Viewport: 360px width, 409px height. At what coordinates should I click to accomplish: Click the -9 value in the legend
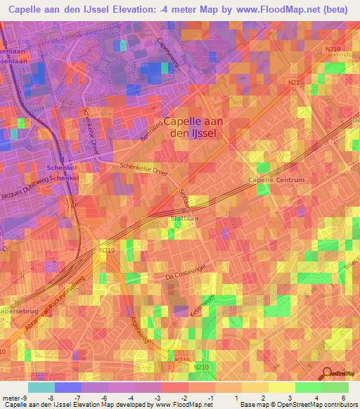pos(25,397)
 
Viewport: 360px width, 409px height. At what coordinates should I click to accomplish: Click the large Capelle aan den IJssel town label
pos(194,127)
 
